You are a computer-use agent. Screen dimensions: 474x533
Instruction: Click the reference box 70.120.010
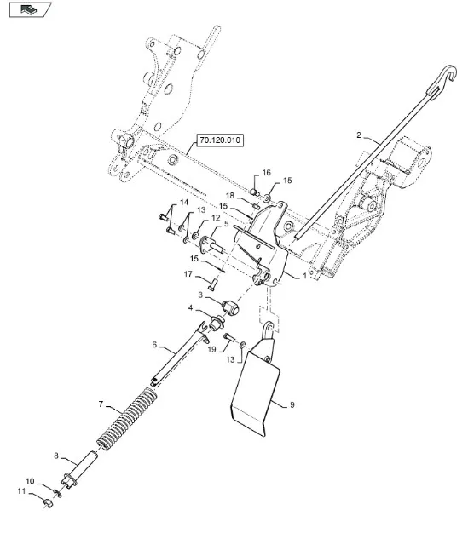pos(220,140)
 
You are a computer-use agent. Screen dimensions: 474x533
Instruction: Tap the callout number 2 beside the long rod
pos(359,135)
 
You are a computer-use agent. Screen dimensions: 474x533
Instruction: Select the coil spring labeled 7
pos(127,418)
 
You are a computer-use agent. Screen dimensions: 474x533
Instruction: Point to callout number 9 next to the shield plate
pos(292,404)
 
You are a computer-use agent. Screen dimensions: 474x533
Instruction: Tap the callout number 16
pos(267,173)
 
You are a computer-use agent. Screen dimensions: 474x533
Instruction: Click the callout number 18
pos(230,196)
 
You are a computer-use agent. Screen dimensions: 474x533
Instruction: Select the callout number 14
pos(184,203)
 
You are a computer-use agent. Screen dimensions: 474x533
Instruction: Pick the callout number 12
pos(216,218)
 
